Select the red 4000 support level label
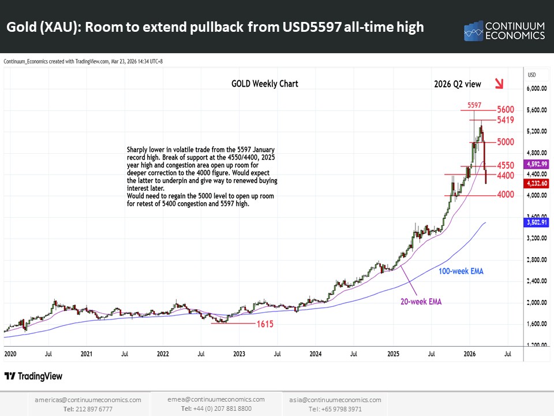click(505, 195)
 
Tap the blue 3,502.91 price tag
click(534, 222)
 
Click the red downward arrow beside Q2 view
click(500, 84)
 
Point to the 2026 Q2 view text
click(458, 84)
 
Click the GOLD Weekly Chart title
click(265, 84)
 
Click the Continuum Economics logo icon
click(474, 31)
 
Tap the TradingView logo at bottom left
click(33, 377)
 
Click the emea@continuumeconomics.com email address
click(216, 399)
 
